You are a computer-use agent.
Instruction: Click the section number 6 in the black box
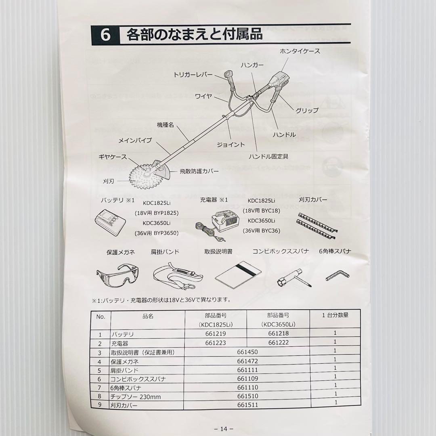(105, 35)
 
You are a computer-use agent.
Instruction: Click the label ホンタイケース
(300, 51)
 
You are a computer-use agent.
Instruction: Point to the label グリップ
(307, 110)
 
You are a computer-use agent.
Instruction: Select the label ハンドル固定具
(268, 156)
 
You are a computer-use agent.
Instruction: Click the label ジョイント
(231, 145)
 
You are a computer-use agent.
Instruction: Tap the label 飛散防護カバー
(199, 171)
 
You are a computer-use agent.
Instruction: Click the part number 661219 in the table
(216, 334)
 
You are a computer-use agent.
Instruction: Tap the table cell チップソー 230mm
(136, 397)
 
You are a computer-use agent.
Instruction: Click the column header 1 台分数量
(335, 315)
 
